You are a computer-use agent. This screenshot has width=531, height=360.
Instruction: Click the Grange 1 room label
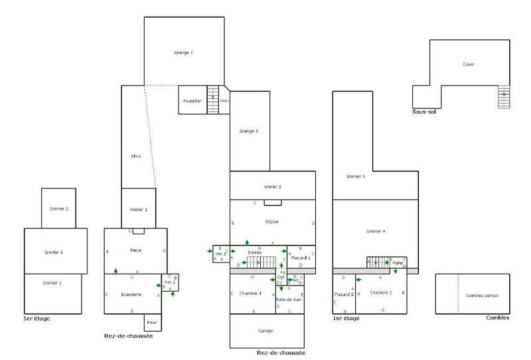[183, 52]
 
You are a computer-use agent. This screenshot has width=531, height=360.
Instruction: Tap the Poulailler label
[193, 100]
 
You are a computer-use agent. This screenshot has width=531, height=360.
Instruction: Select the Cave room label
[469, 64]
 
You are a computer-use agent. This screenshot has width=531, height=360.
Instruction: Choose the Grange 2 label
[249, 132]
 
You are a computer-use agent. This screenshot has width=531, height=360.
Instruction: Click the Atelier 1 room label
[138, 209]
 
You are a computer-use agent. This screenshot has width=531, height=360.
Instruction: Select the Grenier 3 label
[356, 177]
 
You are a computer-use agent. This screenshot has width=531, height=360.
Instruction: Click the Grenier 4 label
[376, 231]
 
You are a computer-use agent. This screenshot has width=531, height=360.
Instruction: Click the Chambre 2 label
[381, 292]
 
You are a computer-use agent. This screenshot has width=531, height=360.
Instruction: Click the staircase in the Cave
[505, 97]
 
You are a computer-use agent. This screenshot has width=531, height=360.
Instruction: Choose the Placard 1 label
[301, 257]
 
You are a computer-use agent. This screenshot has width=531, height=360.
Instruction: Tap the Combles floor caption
[497, 319]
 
